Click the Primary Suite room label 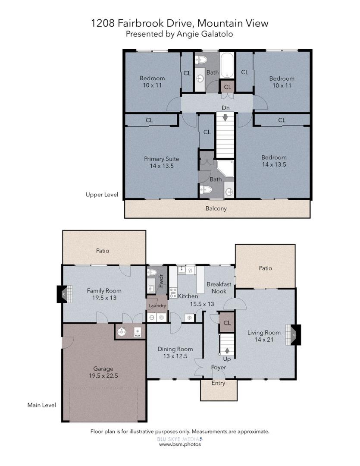[x=161, y=162]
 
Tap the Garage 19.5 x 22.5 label [x=103, y=372]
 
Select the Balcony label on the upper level [x=216, y=208]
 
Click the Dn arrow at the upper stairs [x=225, y=117]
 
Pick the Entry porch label [x=218, y=383]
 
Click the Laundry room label [x=157, y=305]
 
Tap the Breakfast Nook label [x=219, y=288]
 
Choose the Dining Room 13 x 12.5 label [x=175, y=352]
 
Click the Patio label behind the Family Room [x=103, y=251]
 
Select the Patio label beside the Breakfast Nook [x=265, y=268]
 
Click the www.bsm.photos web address [x=180, y=444]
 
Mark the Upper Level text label [x=102, y=195]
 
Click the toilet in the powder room [x=151, y=272]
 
